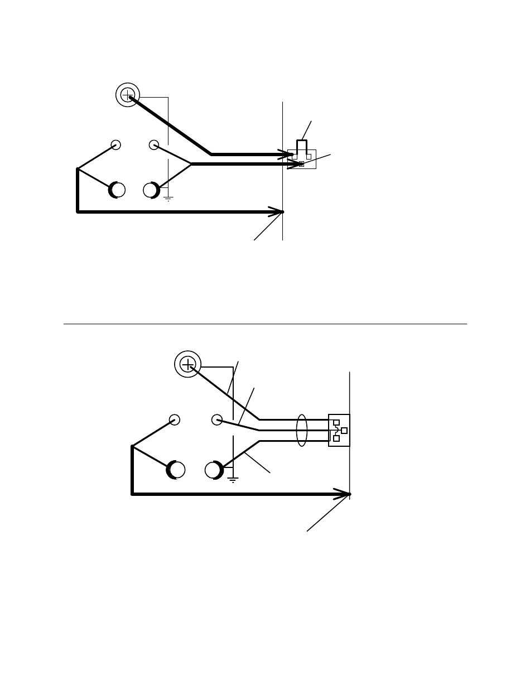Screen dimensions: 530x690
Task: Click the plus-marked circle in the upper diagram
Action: (x=128, y=95)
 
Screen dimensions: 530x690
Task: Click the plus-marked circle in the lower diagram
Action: (x=188, y=364)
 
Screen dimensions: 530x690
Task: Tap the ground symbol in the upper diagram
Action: (x=168, y=199)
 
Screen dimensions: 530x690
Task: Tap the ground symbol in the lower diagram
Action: (x=233, y=479)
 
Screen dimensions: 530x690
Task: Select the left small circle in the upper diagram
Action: (x=116, y=145)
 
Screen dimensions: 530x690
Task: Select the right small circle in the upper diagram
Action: (x=154, y=145)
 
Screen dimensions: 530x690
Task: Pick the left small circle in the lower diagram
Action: (x=175, y=419)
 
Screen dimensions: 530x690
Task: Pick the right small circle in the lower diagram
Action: (x=217, y=419)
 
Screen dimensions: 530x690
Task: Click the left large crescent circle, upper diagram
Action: (x=117, y=190)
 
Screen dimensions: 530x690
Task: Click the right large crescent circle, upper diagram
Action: (x=151, y=190)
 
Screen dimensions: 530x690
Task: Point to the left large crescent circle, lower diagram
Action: (x=176, y=470)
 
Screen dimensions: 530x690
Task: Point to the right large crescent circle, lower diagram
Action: (x=214, y=470)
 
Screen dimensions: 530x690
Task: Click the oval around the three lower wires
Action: (x=301, y=430)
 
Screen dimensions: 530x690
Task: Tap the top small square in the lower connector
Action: (x=336, y=423)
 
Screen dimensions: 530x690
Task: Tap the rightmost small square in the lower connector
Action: (x=344, y=431)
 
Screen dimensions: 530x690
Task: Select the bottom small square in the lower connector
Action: (x=336, y=438)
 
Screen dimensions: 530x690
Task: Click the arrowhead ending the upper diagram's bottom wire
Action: (x=277, y=212)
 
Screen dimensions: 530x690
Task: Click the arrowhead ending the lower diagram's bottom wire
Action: (x=343, y=494)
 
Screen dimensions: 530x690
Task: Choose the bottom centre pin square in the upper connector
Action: (x=301, y=164)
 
